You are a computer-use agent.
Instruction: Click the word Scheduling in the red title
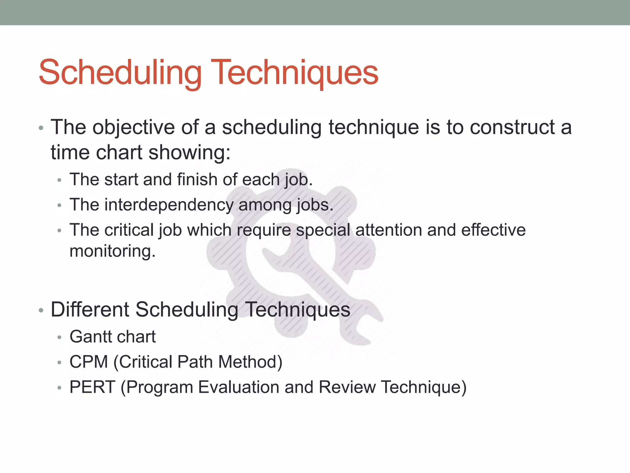(120, 73)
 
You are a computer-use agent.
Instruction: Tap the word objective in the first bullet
(134, 127)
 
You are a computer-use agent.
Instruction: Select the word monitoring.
(113, 251)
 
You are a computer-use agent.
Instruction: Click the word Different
(90, 309)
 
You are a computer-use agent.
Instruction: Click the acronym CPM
(89, 362)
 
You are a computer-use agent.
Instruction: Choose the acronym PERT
(92, 387)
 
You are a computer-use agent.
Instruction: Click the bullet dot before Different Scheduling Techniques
(41, 311)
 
